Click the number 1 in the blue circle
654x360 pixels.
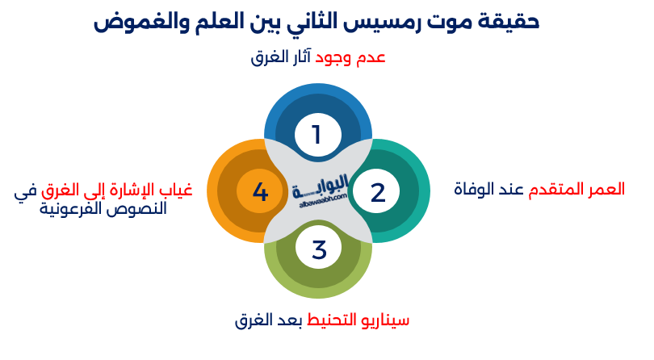click(317, 134)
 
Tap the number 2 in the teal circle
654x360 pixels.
click(378, 192)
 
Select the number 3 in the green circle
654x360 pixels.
click(319, 250)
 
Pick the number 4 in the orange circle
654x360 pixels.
click(259, 192)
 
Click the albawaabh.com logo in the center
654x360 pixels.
click(319, 192)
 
